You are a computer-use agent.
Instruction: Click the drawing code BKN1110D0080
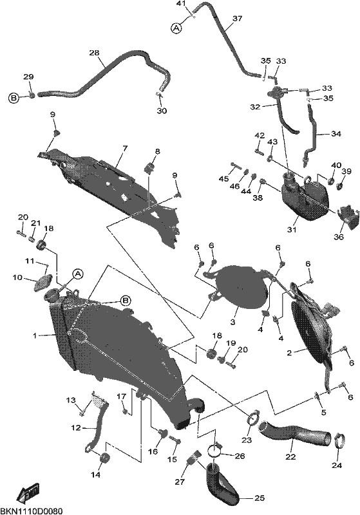click(x=31, y=510)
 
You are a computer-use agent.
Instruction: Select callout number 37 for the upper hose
click(x=237, y=19)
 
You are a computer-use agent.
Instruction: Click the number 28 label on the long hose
click(x=94, y=53)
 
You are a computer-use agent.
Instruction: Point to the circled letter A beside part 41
click(x=176, y=28)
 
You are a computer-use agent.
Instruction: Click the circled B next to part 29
click(x=14, y=98)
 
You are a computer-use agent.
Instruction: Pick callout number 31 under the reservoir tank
click(x=292, y=230)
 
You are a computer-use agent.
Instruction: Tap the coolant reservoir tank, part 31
click(x=305, y=196)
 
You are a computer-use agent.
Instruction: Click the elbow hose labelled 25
click(x=221, y=480)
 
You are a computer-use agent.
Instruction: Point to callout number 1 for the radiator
click(x=34, y=335)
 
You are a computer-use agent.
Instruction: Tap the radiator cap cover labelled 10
click(x=43, y=282)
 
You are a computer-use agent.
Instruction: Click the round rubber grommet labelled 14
click(x=104, y=458)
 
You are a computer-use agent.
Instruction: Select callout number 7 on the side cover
click(x=124, y=148)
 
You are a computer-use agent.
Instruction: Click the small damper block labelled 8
click(x=149, y=168)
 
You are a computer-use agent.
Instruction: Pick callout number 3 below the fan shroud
click(x=232, y=323)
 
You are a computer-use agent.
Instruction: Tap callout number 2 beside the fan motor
click(x=289, y=353)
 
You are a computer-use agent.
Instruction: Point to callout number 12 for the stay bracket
click(x=75, y=428)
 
